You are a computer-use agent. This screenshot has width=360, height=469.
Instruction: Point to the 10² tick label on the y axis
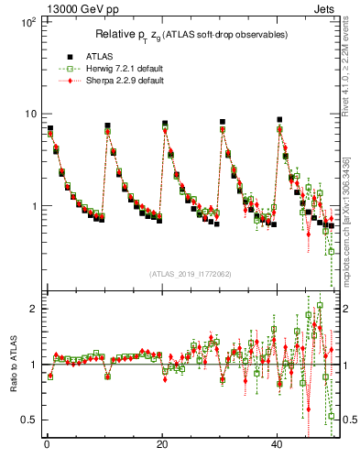pyautogui.click(x=27, y=21)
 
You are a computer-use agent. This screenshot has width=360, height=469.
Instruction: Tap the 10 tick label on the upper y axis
pyautogui.click(x=30, y=114)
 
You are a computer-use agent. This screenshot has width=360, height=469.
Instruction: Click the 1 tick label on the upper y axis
pyautogui.click(x=34, y=206)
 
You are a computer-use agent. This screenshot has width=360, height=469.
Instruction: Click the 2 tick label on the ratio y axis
pyautogui.click(x=34, y=309)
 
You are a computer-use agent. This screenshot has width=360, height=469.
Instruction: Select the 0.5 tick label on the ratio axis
pyautogui.click(x=29, y=420)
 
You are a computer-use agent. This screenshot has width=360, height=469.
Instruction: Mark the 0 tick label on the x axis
pyautogui.click(x=46, y=444)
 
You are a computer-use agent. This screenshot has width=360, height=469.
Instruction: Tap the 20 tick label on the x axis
pyautogui.click(x=162, y=444)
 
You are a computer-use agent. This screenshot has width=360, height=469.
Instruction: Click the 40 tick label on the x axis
pyautogui.click(x=278, y=444)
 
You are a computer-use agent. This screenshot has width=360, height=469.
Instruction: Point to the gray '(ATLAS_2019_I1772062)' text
pyautogui.click(x=191, y=274)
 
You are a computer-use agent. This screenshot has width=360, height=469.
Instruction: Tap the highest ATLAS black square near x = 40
pyautogui.click(x=280, y=120)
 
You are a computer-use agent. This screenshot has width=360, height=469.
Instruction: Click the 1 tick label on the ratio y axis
pyautogui.click(x=34, y=365)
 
